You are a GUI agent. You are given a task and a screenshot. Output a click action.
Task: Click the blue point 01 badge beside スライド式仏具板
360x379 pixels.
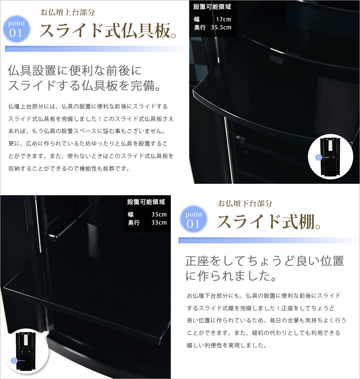point(17,29)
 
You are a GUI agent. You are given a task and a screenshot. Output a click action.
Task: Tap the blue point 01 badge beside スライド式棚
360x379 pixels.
point(194,219)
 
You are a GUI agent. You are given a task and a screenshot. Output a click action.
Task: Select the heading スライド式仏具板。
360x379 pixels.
point(108,31)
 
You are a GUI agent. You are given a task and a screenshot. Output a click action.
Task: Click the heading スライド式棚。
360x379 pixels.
point(269,222)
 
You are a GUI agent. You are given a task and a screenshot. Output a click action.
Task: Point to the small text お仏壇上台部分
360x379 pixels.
point(68,12)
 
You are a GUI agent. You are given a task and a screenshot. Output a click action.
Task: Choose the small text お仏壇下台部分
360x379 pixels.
point(245,204)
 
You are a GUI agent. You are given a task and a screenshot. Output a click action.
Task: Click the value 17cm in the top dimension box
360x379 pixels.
point(223,19)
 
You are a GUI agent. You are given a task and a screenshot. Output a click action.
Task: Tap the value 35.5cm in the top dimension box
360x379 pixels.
point(221,28)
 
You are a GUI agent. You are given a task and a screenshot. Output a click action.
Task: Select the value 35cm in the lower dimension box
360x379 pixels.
point(159,214)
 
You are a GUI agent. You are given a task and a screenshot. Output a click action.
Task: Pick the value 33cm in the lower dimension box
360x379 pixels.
point(159,222)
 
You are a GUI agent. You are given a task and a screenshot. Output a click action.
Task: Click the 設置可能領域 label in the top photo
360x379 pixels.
point(212,7)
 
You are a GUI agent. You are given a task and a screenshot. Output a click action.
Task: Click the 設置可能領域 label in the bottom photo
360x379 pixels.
point(146,202)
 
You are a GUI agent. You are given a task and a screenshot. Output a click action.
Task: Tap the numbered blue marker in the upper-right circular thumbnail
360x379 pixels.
point(318,158)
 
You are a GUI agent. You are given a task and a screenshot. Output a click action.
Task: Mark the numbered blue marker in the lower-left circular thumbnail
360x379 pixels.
point(14,361)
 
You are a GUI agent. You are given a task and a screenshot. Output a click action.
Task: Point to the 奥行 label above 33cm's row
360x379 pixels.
point(134,222)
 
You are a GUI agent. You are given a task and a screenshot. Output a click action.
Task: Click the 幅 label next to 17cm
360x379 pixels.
point(197,19)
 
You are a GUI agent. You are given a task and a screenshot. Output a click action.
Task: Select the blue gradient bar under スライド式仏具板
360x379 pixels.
point(97,49)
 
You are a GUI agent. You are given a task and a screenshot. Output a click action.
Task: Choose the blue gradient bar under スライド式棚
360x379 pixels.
point(269,240)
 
